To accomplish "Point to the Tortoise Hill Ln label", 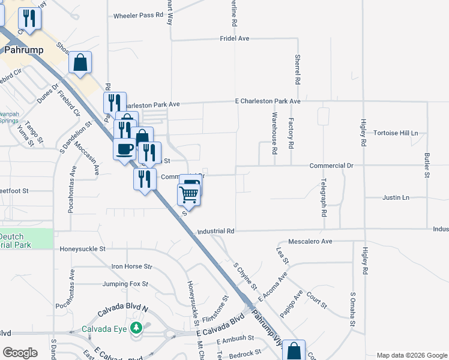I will [x=395, y=133].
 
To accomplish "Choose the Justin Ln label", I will [x=396, y=197].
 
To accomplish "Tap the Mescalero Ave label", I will [x=310, y=241].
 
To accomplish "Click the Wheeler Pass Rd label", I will [x=139, y=16].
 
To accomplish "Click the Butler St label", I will [x=427, y=165].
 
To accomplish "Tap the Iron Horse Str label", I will [x=132, y=266].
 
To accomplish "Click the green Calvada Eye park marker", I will [x=136, y=328].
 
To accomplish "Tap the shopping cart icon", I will [x=188, y=193].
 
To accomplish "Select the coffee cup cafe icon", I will [x=125, y=148].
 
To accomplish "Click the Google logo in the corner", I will [x=20, y=353].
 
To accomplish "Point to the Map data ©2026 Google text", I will [x=411, y=355].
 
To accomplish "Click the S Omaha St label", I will [x=353, y=310].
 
